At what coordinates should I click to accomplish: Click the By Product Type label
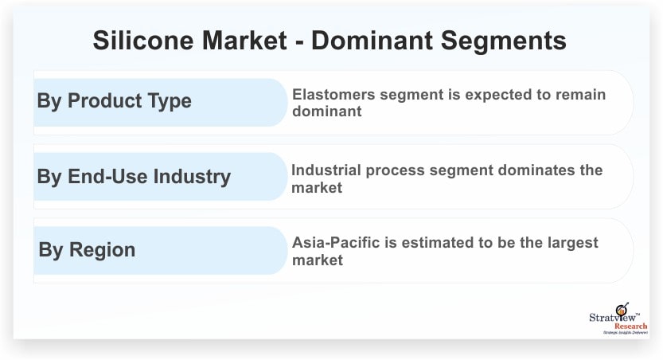(114, 101)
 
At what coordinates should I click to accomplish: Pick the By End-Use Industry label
(134, 176)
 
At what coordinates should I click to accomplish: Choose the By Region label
(87, 249)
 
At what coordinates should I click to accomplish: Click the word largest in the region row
(572, 243)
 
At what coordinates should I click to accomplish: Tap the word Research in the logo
(630, 327)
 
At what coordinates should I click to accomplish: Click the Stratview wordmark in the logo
(612, 317)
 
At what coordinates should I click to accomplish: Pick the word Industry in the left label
(192, 176)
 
